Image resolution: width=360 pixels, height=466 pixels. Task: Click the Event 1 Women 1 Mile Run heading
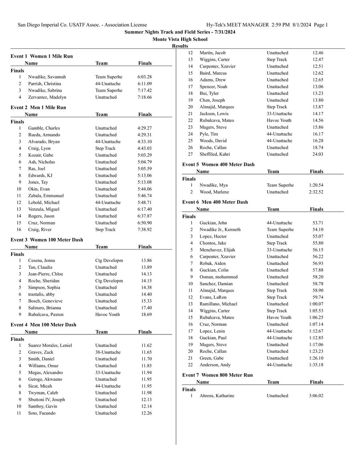[x=42, y=56]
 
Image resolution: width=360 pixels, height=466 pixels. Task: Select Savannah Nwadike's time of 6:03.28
[x=144, y=77]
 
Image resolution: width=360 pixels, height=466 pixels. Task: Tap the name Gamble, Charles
[x=44, y=128]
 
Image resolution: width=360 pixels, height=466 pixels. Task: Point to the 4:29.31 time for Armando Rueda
[x=144, y=135]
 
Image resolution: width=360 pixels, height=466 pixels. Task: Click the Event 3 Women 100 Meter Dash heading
[x=47, y=240]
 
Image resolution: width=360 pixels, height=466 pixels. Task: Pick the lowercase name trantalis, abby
[x=42, y=294]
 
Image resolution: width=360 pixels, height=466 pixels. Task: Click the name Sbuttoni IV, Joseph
[x=46, y=400]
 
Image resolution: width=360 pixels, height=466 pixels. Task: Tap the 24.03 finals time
[x=318, y=154]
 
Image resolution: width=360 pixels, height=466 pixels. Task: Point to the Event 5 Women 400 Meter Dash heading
[x=218, y=164]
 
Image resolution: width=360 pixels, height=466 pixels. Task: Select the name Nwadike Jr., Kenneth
[x=220, y=230]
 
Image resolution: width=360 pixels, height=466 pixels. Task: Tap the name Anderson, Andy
[x=215, y=365]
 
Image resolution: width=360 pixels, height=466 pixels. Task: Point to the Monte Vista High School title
[x=180, y=39]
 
